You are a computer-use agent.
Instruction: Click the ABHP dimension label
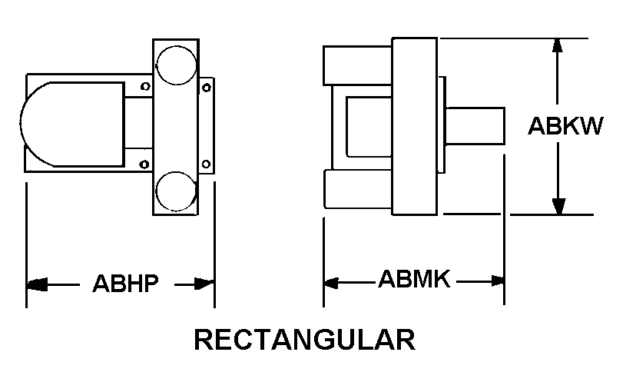[125, 284]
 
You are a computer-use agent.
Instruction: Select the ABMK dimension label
[414, 279]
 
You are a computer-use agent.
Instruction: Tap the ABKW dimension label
[565, 125]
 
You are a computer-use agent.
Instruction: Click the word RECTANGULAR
[305, 340]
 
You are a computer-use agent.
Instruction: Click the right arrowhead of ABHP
[204, 284]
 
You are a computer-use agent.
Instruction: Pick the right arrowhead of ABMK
[498, 281]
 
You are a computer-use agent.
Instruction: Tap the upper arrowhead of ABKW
[558, 45]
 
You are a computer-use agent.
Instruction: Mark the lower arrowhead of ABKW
[559, 206]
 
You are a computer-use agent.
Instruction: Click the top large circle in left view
[177, 65]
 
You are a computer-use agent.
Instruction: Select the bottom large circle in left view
[176, 191]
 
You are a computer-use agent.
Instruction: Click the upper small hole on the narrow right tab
[207, 88]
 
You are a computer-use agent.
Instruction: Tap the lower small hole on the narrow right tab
[206, 164]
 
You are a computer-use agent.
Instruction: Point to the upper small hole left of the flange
[145, 86]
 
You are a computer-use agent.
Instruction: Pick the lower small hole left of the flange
[144, 164]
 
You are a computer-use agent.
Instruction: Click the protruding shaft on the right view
[475, 126]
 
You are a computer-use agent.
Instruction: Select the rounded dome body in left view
[72, 125]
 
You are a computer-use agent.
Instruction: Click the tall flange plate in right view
[415, 126]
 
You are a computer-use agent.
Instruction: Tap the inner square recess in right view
[369, 127]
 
